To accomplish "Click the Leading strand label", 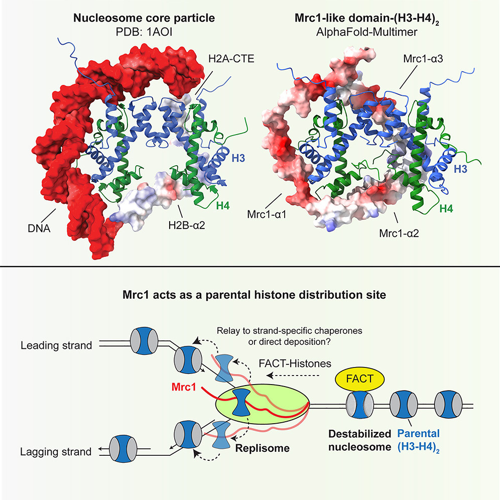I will [57, 346].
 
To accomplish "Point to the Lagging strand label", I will [55, 452].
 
